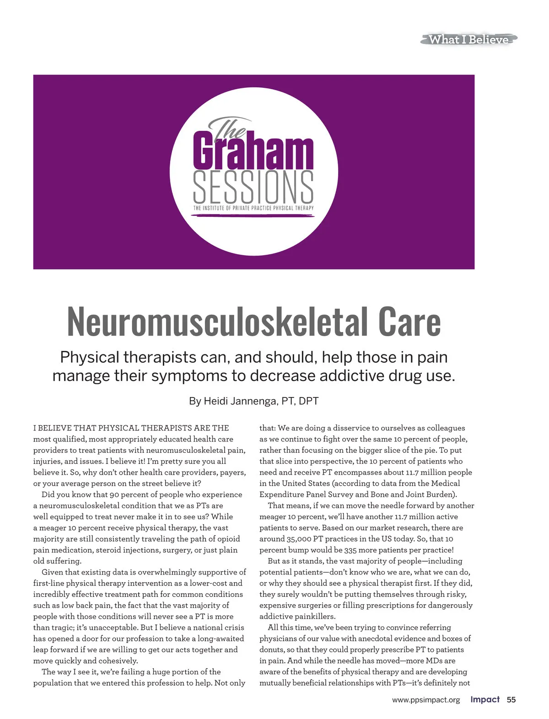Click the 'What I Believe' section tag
pyautogui.click(x=468, y=39)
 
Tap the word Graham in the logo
pyautogui.click(x=253, y=151)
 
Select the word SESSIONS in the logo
pyautogui.click(x=253, y=188)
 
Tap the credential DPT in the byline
pyautogui.click(x=308, y=401)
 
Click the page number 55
pyautogui.click(x=511, y=700)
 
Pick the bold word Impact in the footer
pyautogui.click(x=485, y=700)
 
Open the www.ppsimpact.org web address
pyautogui.click(x=426, y=700)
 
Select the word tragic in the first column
pyautogui.click(x=60, y=628)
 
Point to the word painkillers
pyautogui.click(x=315, y=617)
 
